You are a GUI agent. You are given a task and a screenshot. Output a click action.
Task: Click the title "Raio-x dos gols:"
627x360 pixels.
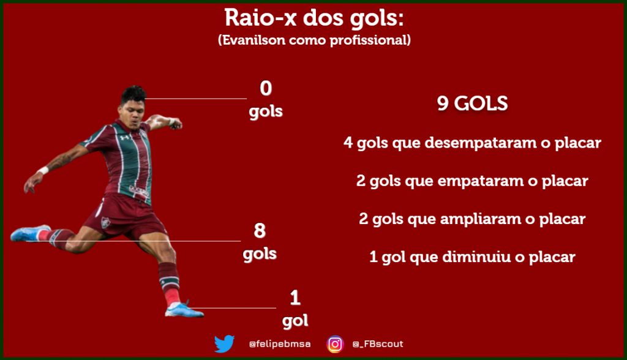click(314, 18)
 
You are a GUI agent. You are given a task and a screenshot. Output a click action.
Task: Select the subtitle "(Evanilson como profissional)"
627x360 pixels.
click(314, 40)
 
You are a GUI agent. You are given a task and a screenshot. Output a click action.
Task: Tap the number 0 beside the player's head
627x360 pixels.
click(266, 88)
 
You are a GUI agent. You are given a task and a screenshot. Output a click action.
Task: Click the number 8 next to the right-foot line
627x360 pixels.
click(260, 230)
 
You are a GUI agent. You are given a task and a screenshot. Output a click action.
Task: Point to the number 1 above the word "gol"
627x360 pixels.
click(295, 298)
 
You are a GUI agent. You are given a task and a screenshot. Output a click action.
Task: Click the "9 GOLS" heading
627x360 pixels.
click(472, 103)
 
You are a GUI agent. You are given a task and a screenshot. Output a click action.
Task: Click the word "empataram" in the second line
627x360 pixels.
click(480, 181)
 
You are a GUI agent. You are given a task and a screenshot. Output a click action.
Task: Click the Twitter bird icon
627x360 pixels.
click(224, 343)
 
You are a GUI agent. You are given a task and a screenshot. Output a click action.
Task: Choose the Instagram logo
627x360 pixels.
click(335, 344)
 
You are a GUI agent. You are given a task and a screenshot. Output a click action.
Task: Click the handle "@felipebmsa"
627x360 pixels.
click(279, 344)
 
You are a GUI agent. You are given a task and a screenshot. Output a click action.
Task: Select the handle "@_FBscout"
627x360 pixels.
click(378, 344)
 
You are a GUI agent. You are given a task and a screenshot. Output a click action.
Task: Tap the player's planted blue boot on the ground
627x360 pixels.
click(184, 310)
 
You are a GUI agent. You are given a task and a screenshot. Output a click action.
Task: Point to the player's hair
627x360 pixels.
click(133, 95)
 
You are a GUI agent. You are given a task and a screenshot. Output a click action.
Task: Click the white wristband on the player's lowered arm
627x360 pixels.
click(43, 170)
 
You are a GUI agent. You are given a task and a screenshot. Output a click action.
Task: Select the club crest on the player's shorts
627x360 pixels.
click(105, 222)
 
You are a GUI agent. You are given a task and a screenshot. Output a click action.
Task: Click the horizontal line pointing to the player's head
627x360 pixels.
click(195, 99)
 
